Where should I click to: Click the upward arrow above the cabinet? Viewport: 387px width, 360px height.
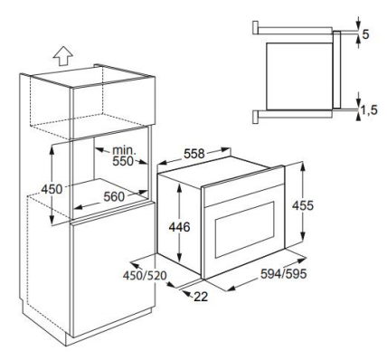pos(62,56)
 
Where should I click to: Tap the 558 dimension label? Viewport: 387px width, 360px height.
pos(194,154)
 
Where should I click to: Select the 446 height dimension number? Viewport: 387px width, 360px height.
pos(179,227)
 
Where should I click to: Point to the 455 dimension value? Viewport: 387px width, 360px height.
pos(303,205)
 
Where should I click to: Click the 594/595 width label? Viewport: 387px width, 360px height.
pos(283,274)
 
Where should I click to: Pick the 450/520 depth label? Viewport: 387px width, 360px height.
pos(145,275)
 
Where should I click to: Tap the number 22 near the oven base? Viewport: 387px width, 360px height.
pos(201,297)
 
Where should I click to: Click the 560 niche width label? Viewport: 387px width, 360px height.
pos(114,197)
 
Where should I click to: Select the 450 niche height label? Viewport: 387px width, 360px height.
pos(52,189)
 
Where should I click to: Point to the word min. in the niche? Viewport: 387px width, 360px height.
pos(124,150)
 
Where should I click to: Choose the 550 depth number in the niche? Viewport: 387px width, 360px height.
pos(123,161)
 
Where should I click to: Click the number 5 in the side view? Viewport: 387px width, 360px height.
pos(365,34)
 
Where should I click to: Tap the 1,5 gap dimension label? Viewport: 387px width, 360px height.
pos(369,110)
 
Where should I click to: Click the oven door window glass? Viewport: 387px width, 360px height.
pos(244,230)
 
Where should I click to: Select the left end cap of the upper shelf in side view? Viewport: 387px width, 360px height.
pos(255,28)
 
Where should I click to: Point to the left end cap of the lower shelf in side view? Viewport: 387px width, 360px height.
pos(255,117)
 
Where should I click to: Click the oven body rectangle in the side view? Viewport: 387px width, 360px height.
pos(299,76)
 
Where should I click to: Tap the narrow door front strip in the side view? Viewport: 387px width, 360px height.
pos(336,70)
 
